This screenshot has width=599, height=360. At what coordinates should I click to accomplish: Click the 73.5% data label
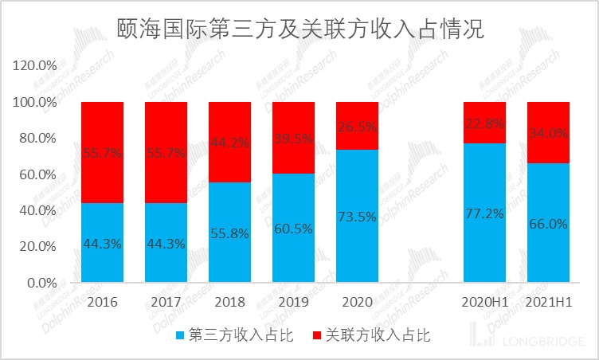coord(357,216)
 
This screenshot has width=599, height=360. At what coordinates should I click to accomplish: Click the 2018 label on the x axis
coord(229,303)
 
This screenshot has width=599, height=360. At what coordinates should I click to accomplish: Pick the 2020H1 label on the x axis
coord(484,303)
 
